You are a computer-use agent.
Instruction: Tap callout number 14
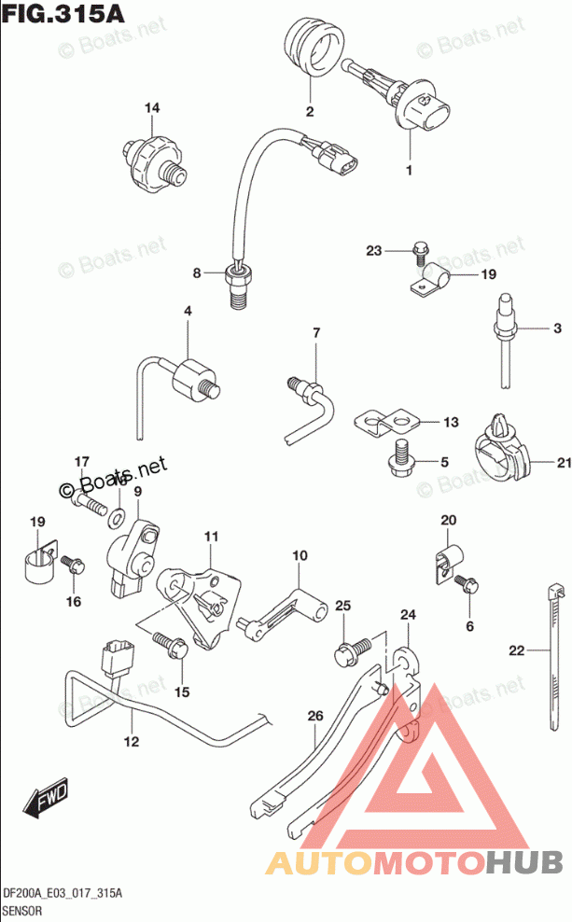[x=151, y=109]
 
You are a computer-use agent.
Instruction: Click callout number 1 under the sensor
[x=408, y=171]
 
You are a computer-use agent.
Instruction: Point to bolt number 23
[x=420, y=249]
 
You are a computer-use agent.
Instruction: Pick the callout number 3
[x=556, y=328]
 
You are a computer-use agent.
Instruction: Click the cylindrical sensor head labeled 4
[x=193, y=376]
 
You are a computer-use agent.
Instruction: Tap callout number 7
[x=315, y=333]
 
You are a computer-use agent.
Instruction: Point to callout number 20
[x=447, y=520]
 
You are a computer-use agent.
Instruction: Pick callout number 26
[x=314, y=716]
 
